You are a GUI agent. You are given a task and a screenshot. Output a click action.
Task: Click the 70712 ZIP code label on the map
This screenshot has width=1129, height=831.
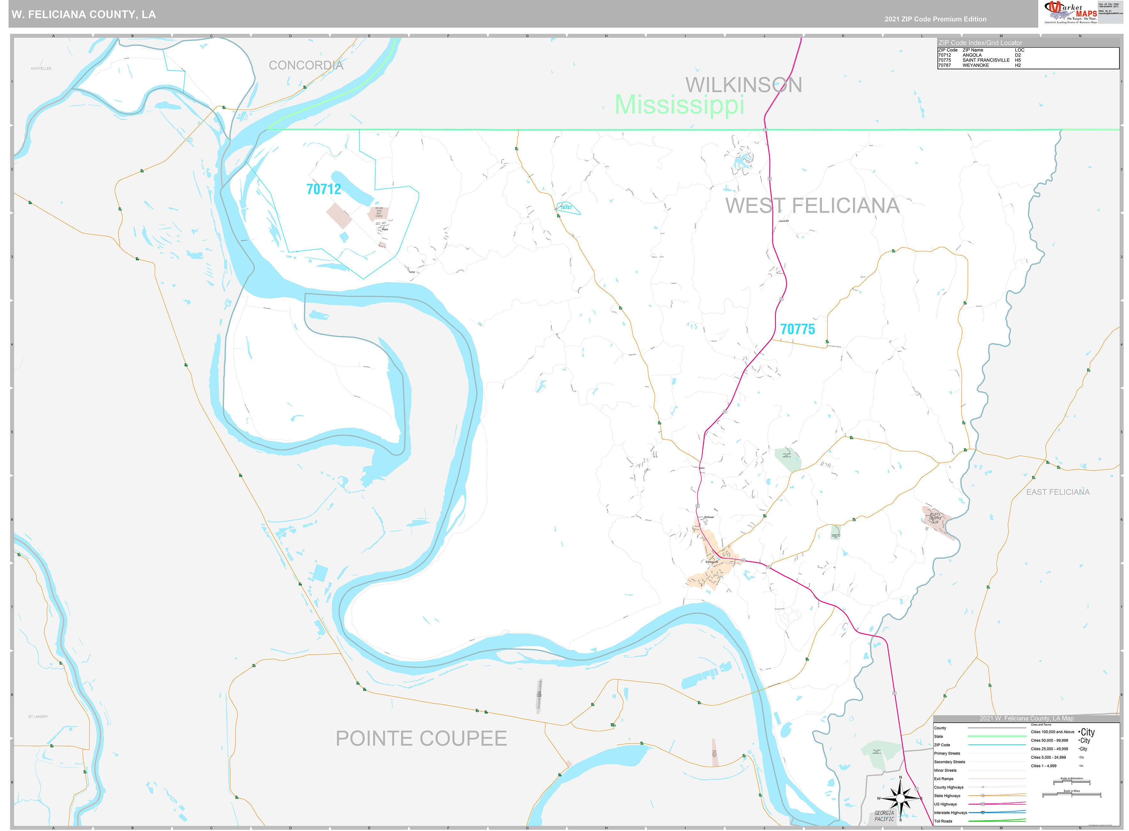click(x=323, y=189)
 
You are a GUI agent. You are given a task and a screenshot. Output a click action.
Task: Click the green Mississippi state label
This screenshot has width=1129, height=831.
click(x=679, y=105)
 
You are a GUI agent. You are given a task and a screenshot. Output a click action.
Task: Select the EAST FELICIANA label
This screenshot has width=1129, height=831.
click(x=1058, y=492)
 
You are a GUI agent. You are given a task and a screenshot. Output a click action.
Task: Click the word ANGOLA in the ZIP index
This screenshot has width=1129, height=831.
click(x=971, y=55)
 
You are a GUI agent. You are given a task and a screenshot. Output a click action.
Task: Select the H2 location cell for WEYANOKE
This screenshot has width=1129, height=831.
click(x=1017, y=66)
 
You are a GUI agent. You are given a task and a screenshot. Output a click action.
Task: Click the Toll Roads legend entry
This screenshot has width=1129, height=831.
click(x=943, y=821)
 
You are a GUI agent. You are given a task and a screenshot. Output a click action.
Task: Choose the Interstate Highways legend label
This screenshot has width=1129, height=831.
click(x=950, y=812)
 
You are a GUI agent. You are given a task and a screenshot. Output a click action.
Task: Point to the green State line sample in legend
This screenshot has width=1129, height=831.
click(x=996, y=736)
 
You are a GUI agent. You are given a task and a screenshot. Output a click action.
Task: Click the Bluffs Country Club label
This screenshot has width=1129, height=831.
click(x=934, y=518)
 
